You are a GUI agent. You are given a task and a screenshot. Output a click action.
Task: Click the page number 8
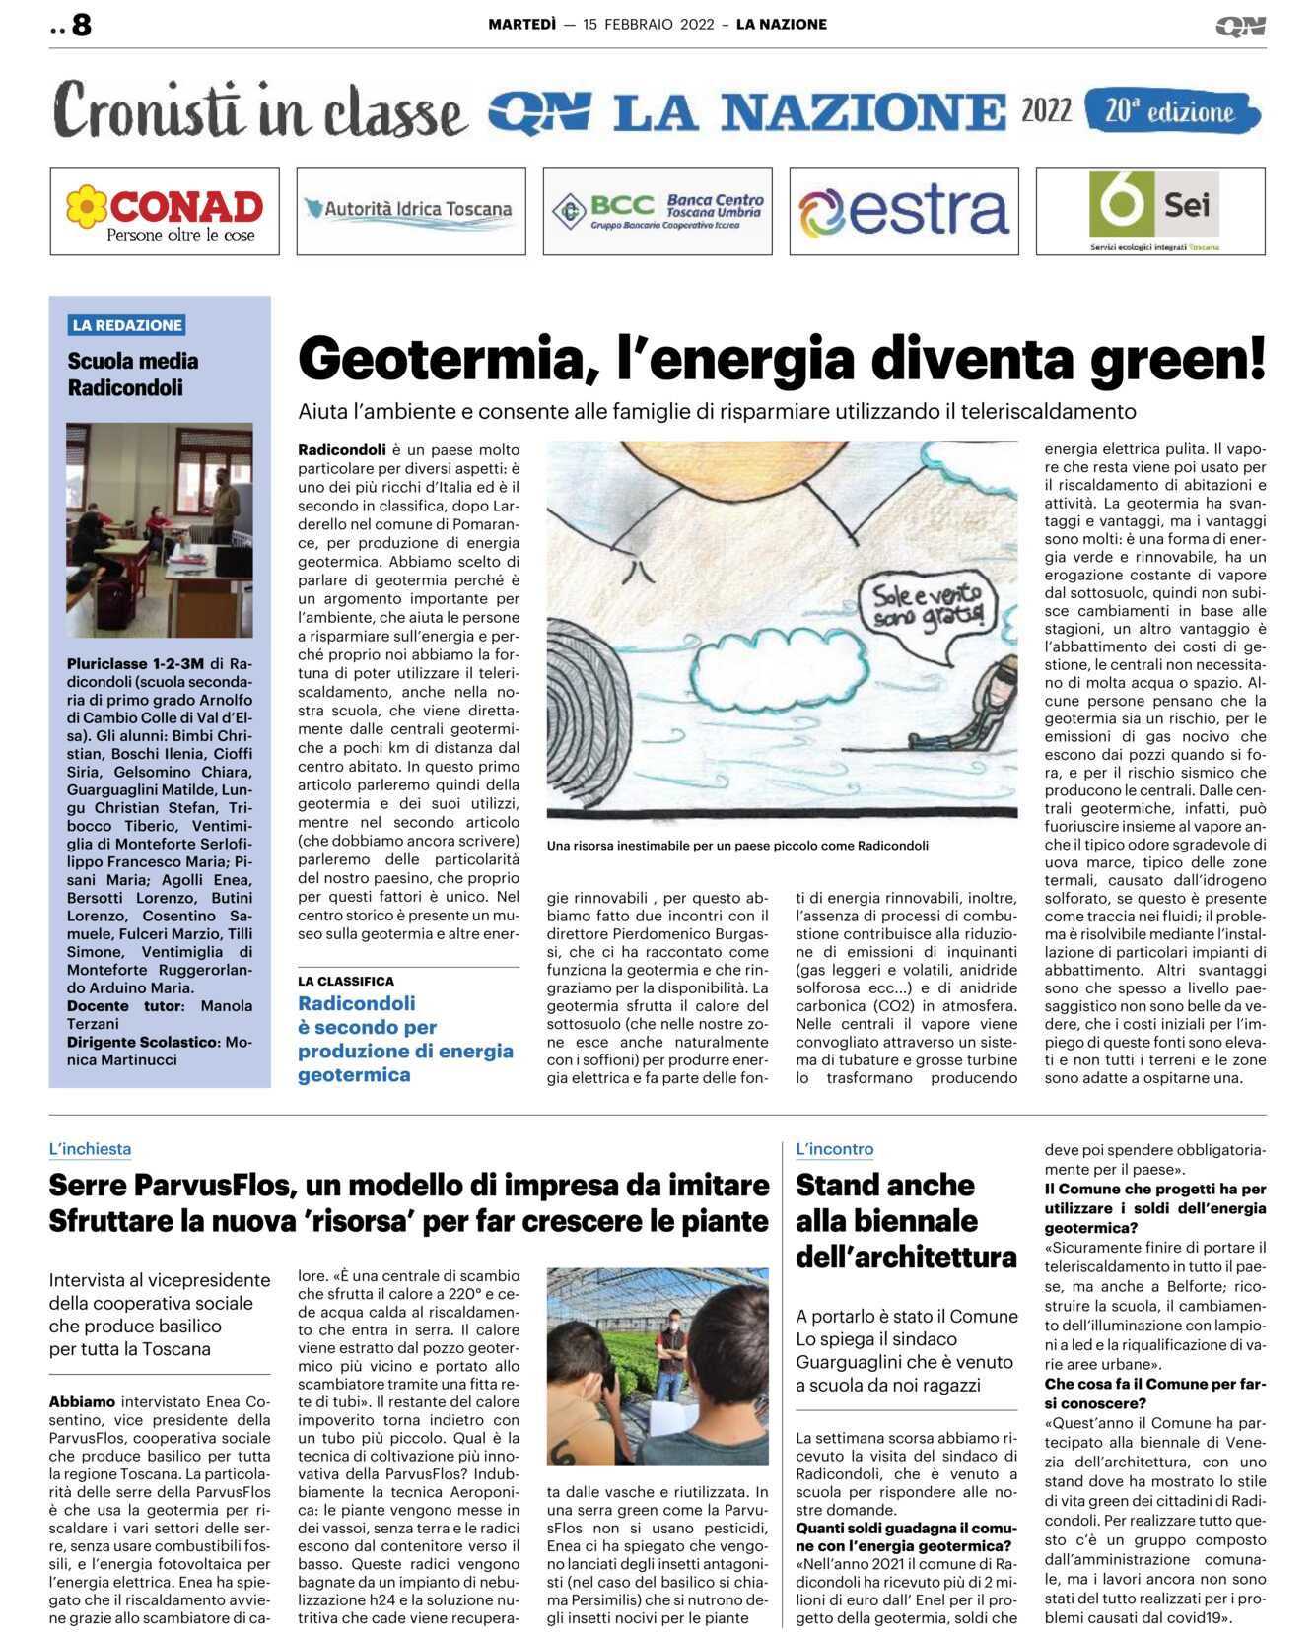point(82,25)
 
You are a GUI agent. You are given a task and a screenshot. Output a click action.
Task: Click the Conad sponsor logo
point(165,211)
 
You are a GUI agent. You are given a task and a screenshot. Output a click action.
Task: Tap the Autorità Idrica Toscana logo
point(411,211)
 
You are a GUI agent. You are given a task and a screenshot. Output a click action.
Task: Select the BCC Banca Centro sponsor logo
point(658,211)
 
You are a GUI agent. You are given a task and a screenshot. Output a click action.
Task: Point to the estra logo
point(904,211)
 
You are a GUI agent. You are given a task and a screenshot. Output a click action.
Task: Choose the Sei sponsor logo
point(1150,211)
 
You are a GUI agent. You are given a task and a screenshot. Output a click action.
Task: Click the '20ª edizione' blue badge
point(1171,111)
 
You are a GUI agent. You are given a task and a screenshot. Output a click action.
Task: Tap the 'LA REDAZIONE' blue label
point(127,325)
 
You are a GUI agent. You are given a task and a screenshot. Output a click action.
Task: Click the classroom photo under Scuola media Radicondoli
point(160,529)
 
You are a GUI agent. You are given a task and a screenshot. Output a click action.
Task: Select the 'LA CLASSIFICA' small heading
point(346,981)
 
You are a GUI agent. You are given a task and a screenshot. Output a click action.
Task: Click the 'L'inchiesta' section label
point(90,1149)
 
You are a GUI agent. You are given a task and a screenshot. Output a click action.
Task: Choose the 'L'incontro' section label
point(834,1149)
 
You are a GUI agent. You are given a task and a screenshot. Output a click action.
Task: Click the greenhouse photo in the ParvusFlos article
point(658,1366)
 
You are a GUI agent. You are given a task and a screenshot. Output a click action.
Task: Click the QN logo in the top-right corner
point(1240,26)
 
